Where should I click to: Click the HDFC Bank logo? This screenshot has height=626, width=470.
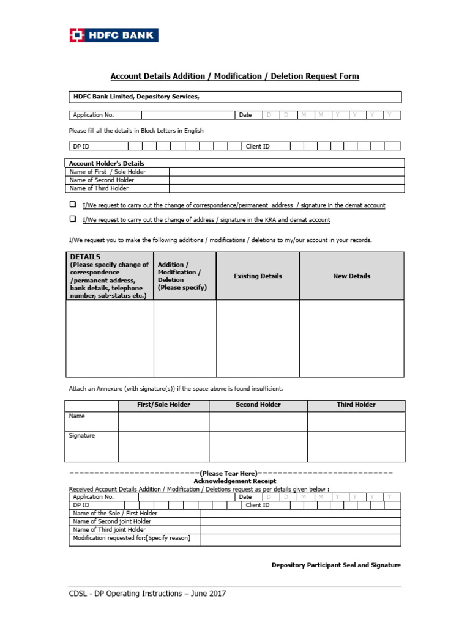(x=113, y=35)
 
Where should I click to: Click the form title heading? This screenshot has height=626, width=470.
(x=234, y=76)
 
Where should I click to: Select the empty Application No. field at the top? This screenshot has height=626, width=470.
(x=188, y=115)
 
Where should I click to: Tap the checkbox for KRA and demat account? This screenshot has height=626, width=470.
(x=72, y=219)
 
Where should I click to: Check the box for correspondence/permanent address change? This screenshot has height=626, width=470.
(x=72, y=205)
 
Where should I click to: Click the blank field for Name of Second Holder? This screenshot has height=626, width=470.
(x=286, y=180)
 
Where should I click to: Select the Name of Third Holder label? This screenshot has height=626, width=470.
(x=99, y=188)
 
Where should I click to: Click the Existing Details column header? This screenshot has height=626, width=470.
(x=258, y=276)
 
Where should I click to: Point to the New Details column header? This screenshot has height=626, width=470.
(x=351, y=276)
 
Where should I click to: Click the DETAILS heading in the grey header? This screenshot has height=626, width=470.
(x=86, y=257)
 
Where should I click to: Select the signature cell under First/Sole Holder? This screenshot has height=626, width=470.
(x=163, y=446)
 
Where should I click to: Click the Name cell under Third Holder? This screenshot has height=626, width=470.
(x=356, y=421)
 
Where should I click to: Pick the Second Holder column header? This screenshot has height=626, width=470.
(x=258, y=405)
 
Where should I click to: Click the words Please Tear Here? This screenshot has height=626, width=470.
(x=230, y=473)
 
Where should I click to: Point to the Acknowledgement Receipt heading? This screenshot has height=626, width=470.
(x=235, y=481)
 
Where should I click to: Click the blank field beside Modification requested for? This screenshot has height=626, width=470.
(x=300, y=539)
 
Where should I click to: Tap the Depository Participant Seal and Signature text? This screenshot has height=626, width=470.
(x=336, y=565)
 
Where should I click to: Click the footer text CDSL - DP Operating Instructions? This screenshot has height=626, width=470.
(x=147, y=594)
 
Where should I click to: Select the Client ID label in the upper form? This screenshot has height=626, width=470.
(x=258, y=147)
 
